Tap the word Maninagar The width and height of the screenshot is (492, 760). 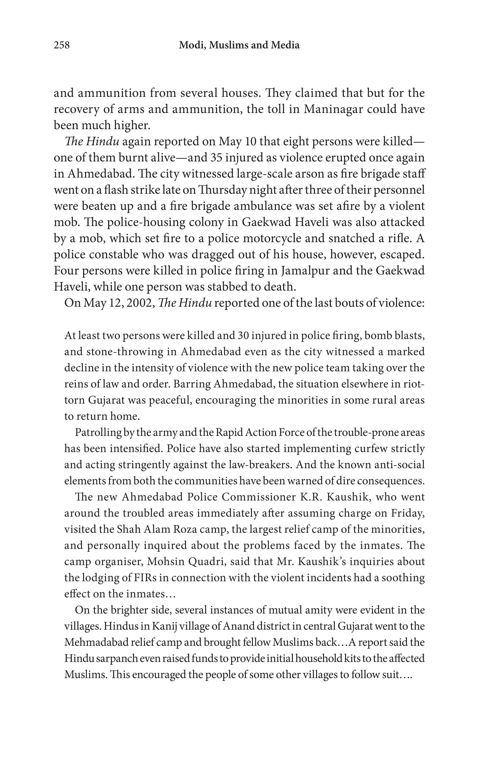coord(332,109)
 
